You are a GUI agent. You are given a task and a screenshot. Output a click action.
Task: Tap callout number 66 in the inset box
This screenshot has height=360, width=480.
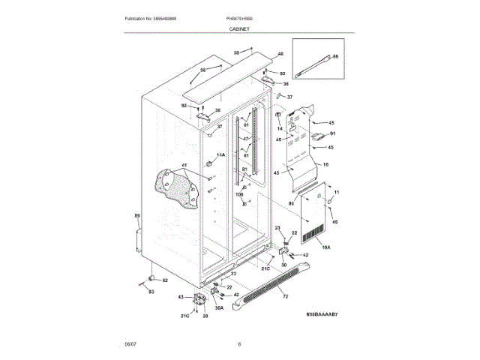pos(334,56)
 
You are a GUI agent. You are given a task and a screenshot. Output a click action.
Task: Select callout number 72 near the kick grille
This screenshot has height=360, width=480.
pos(285,298)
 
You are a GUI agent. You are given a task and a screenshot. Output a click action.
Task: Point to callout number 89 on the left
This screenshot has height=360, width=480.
pos(137,217)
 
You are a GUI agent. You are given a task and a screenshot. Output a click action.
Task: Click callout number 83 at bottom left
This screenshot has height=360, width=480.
pos(151,290)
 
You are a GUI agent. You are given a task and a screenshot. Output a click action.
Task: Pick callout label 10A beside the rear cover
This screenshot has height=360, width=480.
pos(325,247)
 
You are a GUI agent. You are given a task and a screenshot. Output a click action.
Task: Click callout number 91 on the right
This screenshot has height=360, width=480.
pos(332,134)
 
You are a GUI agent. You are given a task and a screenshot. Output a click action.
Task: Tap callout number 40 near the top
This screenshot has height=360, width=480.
pos(280,54)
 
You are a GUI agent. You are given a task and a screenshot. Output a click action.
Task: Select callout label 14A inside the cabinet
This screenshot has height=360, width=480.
pos(220,155)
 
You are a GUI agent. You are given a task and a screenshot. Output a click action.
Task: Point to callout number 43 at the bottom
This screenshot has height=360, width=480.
pos(180,298)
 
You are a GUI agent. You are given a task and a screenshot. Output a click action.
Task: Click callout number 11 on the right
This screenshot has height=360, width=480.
pos(337,193)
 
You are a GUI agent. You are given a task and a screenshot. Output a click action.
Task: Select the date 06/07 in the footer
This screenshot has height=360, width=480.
pos(129,344)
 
